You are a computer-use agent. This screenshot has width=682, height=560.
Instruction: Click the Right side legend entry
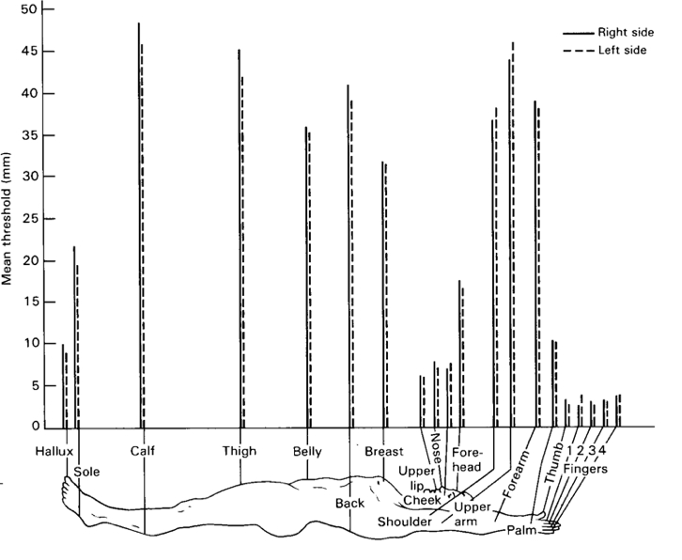[x=621, y=32]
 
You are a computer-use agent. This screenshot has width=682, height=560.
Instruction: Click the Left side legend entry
[x=619, y=50]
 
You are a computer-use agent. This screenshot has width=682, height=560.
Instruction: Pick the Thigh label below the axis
[x=239, y=451]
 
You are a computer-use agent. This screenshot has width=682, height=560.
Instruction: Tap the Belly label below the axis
[x=307, y=451]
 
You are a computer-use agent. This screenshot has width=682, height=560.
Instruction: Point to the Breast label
[x=383, y=451]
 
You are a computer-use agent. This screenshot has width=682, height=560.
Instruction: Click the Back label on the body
[x=349, y=504]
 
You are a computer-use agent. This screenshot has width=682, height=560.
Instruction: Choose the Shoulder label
[x=403, y=521]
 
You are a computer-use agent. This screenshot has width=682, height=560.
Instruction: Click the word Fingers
[x=594, y=467]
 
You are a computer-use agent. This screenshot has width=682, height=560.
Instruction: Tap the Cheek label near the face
[x=422, y=499]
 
